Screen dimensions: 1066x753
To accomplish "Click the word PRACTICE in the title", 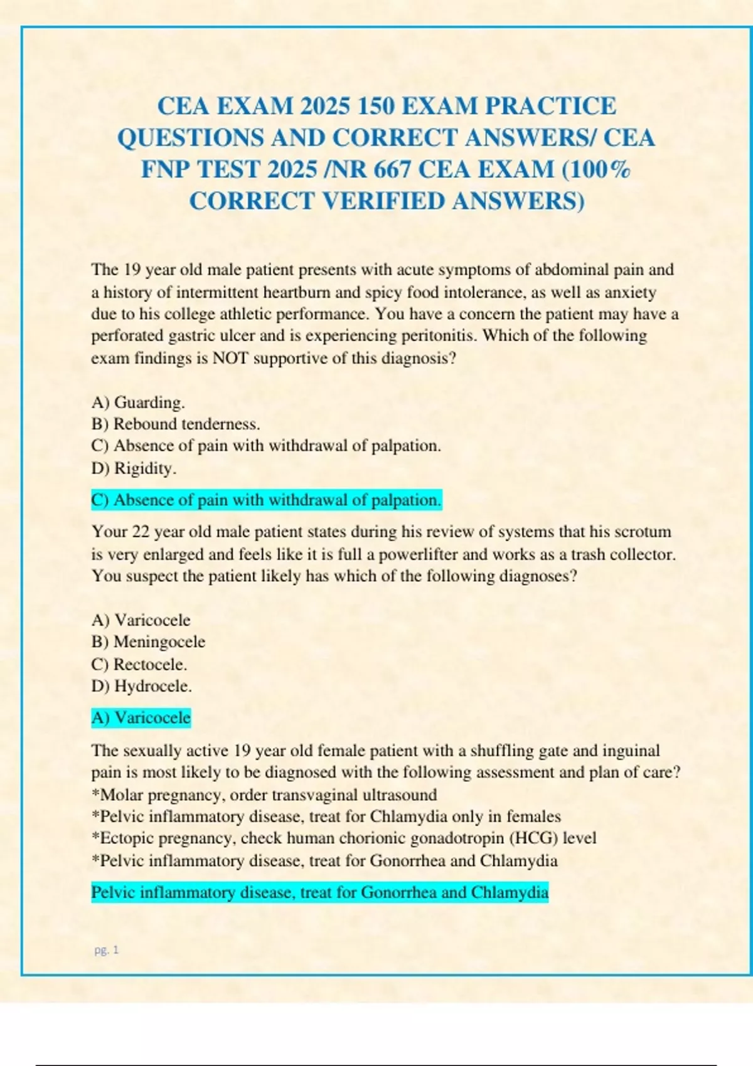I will (551, 106).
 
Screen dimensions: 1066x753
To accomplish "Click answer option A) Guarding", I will (138, 402).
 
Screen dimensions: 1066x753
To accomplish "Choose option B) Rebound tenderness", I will (176, 424).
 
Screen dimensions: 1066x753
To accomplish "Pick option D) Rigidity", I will (134, 468).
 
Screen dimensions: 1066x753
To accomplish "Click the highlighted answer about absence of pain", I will (267, 500).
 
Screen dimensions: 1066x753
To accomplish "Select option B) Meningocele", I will (148, 642).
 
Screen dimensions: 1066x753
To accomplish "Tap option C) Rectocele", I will (139, 664).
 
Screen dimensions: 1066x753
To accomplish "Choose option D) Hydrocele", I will (142, 686).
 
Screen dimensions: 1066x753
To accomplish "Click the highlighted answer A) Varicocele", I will (141, 717).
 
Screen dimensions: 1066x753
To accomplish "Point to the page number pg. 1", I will (107, 950).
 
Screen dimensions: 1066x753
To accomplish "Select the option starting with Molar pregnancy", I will (264, 795).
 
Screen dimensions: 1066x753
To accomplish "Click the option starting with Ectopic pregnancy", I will (344, 838).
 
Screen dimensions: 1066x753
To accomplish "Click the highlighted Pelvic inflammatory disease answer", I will (320, 892).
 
